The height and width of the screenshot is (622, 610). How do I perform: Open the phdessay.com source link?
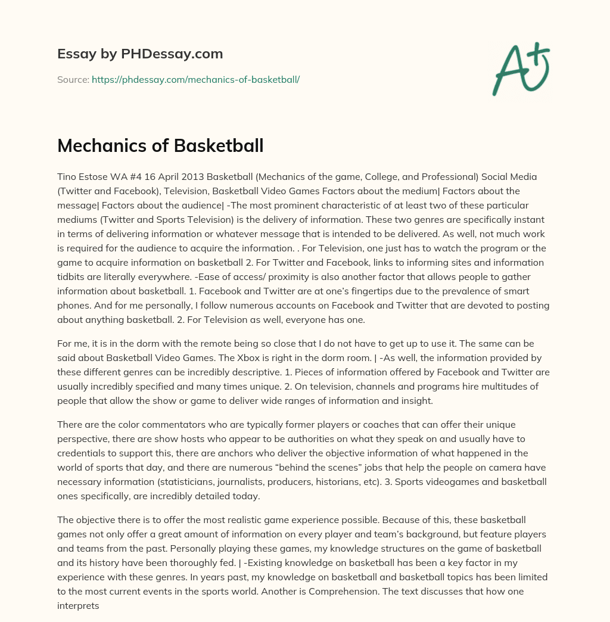pos(195,79)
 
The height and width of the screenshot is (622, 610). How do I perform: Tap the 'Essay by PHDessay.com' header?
pos(140,54)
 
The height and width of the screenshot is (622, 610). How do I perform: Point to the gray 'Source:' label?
pos(73,79)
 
